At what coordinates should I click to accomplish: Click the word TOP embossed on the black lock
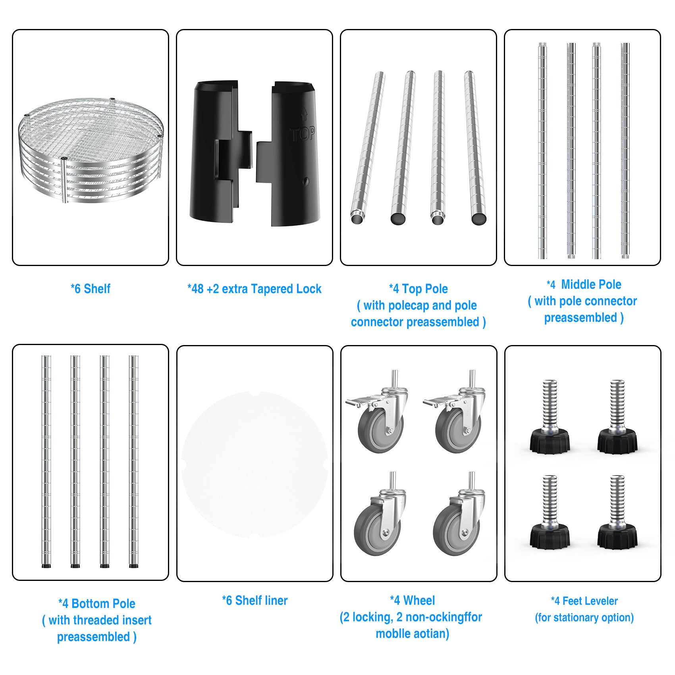point(303,134)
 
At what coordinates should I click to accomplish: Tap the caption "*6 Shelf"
point(91,289)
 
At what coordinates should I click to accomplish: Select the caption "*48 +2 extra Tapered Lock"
point(255,289)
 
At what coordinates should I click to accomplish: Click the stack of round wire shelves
point(91,150)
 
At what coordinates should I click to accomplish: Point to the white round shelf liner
point(255,465)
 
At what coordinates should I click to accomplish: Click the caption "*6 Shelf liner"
point(255,600)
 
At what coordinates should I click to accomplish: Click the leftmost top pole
point(368,148)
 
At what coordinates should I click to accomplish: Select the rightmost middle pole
point(625,151)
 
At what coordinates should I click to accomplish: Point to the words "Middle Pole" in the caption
point(591,284)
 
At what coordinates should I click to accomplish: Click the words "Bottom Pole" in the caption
point(103,604)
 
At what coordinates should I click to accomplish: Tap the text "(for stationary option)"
point(584,617)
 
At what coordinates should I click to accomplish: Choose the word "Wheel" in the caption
point(419,600)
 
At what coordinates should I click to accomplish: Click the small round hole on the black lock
point(306,181)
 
